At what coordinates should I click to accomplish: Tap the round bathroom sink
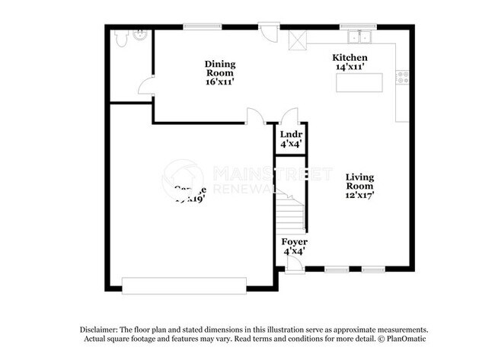coord(140,33)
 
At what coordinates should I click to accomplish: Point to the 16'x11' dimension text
coord(219,81)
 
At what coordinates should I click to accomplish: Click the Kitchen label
coord(350,58)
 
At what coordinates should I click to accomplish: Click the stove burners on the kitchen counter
coord(404,76)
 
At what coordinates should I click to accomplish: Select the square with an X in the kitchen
coord(295,37)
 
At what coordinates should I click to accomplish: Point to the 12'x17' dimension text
coord(359,195)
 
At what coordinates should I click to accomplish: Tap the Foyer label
coord(295,242)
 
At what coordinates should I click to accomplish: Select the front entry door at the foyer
coord(292,265)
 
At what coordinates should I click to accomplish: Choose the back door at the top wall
coord(268,32)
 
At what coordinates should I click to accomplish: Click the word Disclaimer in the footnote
coord(104,329)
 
